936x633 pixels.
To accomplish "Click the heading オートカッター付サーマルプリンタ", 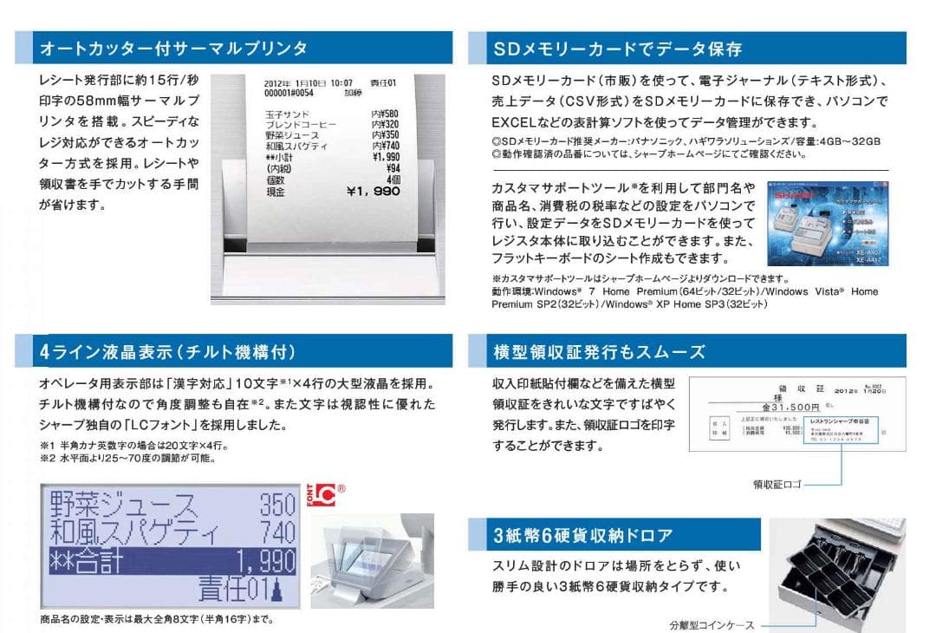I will coord(174,49).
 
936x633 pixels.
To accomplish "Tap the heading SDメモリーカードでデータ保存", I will coord(617,49).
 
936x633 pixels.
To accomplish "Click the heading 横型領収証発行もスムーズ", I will coord(599,351).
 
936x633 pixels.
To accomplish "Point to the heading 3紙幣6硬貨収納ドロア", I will coord(582,535).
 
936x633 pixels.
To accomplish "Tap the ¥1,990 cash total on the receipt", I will coord(373,192).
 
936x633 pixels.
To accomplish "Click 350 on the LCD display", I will coord(277,504).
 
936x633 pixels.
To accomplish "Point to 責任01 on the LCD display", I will coord(247,591).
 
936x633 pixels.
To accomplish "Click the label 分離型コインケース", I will coord(712,624).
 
